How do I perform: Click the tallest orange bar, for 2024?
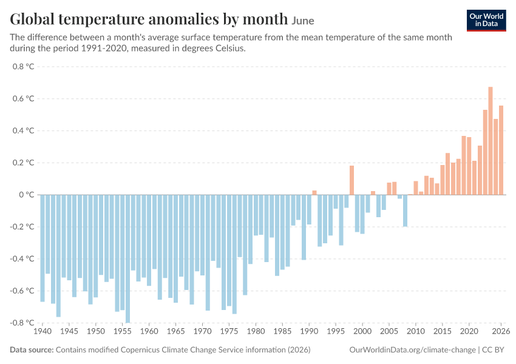[491, 141]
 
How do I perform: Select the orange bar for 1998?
[351, 180]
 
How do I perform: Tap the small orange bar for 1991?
[314, 193]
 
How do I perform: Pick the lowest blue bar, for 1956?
[127, 259]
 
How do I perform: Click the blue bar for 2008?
[405, 211]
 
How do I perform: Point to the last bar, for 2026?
[501, 150]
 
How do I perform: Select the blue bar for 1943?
[58, 256]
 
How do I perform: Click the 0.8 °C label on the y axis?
[23, 67]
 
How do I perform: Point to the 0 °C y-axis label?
[27, 195]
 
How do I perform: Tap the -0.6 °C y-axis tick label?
[22, 291]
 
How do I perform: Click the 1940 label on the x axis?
[42, 331]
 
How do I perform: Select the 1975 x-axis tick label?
[229, 331]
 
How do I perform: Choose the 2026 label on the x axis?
[501, 331]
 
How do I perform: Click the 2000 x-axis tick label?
[362, 331]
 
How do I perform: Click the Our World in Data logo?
[486, 21]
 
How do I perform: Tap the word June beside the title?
[303, 21]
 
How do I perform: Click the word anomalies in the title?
[183, 19]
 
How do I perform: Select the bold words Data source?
[32, 349]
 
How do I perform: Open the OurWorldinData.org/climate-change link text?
[412, 350]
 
